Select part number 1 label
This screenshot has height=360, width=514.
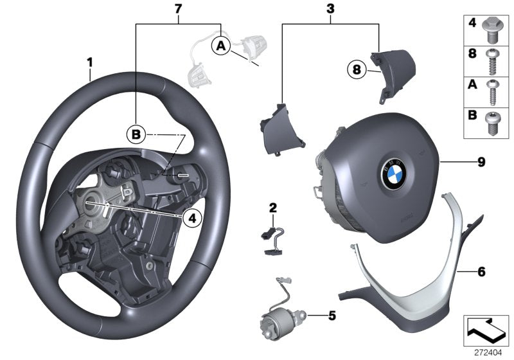click(x=91, y=62)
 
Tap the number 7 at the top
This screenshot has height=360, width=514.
click(x=179, y=8)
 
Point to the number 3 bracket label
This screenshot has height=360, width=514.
click(x=330, y=8)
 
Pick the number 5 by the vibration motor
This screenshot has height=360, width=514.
click(x=332, y=316)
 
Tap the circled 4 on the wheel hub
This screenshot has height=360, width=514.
click(x=190, y=219)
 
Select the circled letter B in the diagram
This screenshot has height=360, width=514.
click(x=136, y=134)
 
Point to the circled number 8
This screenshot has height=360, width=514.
click(x=355, y=67)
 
